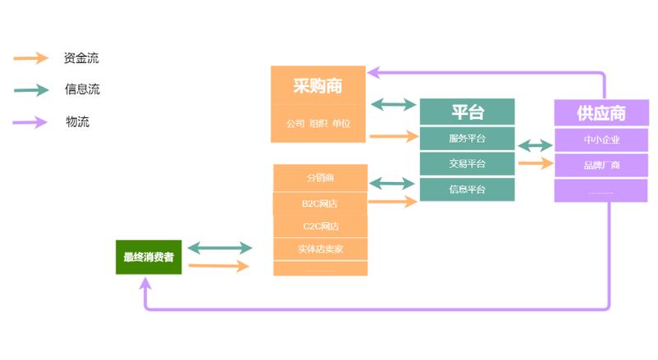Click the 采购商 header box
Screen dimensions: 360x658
click(318, 86)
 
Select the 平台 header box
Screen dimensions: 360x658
click(467, 112)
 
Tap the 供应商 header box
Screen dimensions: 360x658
click(601, 112)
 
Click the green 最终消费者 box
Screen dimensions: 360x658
click(149, 257)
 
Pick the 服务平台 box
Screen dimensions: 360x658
click(467, 138)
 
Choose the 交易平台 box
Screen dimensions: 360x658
click(467, 163)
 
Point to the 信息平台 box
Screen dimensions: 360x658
click(467, 189)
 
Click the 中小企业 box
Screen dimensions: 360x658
click(601, 139)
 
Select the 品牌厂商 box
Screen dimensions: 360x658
click(601, 165)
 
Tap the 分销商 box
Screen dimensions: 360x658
click(320, 177)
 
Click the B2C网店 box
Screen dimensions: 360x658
click(320, 203)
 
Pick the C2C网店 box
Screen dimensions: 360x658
click(320, 226)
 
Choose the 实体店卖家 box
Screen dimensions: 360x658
click(320, 248)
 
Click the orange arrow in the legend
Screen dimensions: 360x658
click(31, 58)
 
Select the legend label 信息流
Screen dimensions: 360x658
click(82, 89)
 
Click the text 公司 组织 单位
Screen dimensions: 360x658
click(318, 124)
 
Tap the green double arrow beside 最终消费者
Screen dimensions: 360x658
click(219, 248)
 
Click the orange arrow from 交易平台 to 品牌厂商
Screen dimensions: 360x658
click(536, 163)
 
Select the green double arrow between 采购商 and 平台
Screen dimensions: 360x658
click(393, 104)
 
